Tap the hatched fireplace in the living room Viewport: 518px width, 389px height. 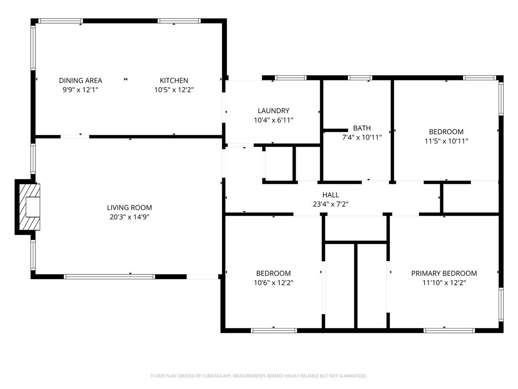[x=29, y=207]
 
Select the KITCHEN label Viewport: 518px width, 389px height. [x=174, y=80]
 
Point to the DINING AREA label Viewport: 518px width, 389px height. [x=80, y=80]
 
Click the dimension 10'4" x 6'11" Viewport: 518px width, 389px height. [x=274, y=120]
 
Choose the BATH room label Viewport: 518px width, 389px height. [x=362, y=128]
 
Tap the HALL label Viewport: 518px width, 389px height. [x=331, y=195]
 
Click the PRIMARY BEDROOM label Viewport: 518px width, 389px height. [x=444, y=273]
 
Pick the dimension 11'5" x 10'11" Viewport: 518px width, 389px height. [x=446, y=141]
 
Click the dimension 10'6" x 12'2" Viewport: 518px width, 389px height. [x=274, y=283]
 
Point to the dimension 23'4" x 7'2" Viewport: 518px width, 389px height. [x=331, y=204]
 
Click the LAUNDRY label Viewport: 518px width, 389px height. [x=274, y=111]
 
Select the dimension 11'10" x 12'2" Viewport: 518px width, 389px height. [x=444, y=283]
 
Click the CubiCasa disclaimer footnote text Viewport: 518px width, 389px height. [x=259, y=376]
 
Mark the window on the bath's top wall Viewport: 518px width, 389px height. [x=360, y=78]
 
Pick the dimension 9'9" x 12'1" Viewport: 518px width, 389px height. [x=80, y=90]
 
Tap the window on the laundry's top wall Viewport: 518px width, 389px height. [x=291, y=78]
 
